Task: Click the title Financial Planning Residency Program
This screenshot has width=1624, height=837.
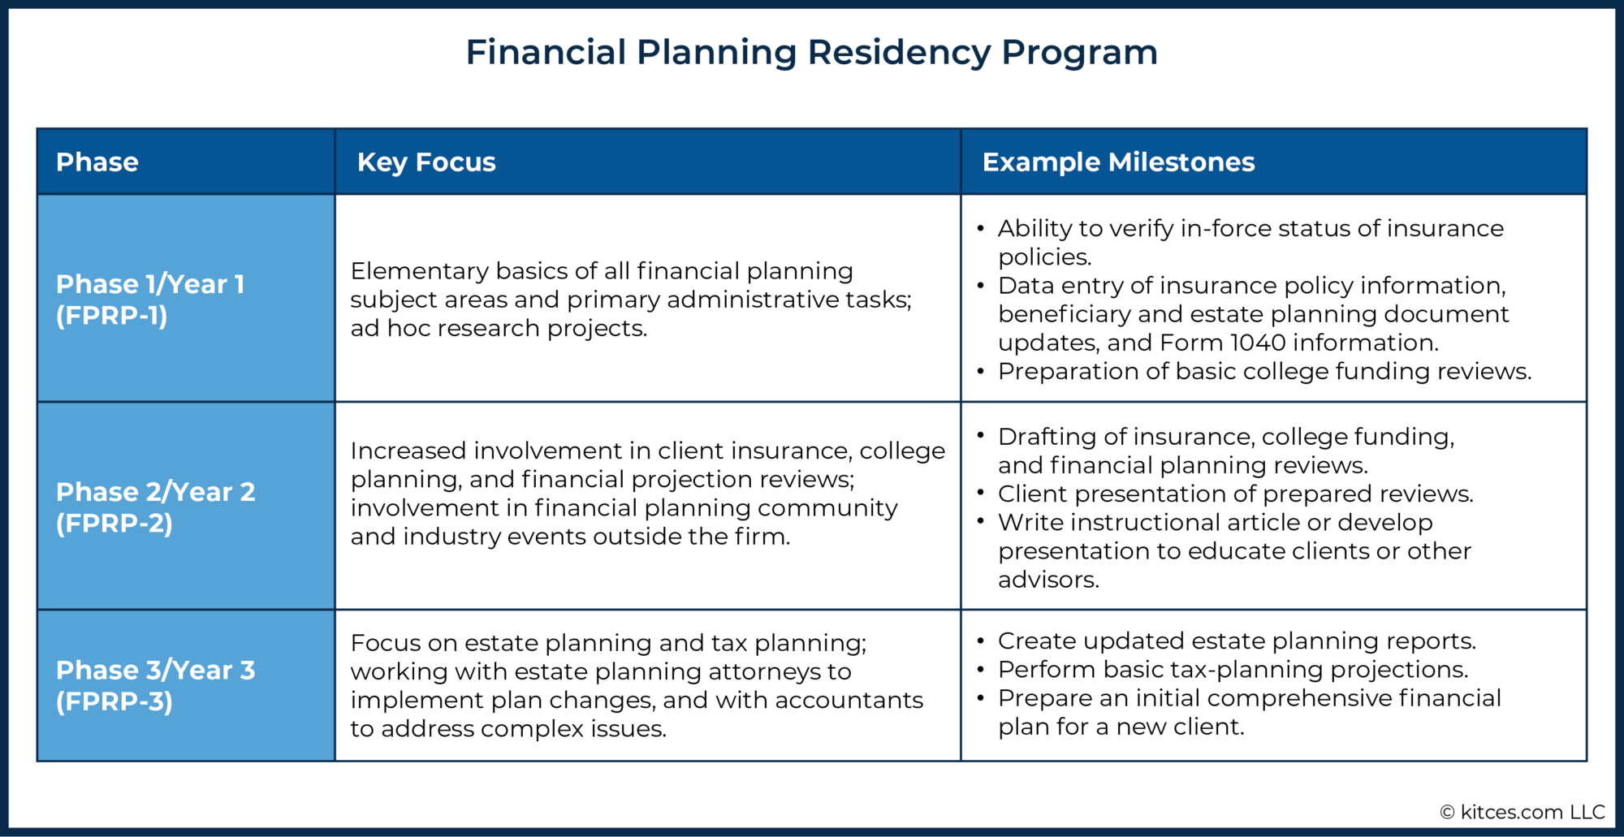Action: (811, 53)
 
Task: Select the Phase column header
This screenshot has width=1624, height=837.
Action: (97, 162)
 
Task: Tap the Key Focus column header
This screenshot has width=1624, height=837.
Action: (426, 162)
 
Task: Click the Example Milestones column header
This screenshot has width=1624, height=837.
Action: (1118, 162)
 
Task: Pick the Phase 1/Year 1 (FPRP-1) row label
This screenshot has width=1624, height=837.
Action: (150, 300)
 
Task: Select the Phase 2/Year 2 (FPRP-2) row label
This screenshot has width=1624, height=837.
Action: (155, 507)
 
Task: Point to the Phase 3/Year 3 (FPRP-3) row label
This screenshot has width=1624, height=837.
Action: (155, 685)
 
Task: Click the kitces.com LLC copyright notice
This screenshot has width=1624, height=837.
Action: (1522, 812)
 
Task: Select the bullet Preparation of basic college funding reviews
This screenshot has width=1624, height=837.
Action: (1264, 372)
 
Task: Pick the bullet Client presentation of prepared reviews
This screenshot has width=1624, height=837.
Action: (1235, 494)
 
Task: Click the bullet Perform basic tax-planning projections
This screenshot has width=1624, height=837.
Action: (1233, 670)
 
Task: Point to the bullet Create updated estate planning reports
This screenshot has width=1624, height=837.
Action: (1236, 641)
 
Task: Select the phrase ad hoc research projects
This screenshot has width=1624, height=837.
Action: (499, 329)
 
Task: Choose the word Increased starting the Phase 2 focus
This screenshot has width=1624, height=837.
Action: (408, 451)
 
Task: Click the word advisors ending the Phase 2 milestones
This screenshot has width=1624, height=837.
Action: (1047, 580)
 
